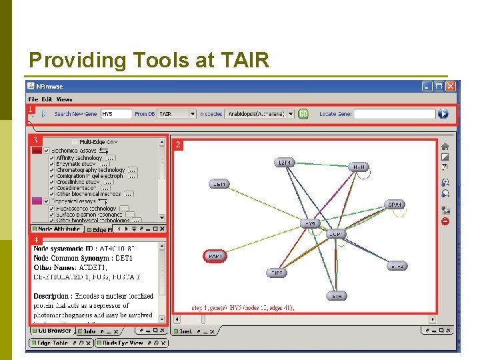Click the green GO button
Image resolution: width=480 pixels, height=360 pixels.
pos(303,114)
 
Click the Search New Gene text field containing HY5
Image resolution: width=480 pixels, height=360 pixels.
pos(116,114)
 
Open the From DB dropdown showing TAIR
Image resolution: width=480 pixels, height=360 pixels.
pos(177,114)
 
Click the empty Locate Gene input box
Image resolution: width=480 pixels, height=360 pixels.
pos(395,114)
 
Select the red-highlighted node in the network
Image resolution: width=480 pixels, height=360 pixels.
pos(215,255)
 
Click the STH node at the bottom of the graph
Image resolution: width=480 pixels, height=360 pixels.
pos(336,295)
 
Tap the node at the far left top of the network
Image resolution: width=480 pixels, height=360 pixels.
pos(219,183)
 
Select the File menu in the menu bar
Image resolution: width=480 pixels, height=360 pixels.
pos(33,99)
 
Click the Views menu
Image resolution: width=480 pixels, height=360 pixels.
pos(64,99)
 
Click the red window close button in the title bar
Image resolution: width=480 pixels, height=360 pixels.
pos(451,86)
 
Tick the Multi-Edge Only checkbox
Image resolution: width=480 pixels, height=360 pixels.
pos(75,142)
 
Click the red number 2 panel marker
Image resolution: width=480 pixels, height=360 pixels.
pos(177,144)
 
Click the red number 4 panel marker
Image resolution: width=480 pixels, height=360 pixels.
pos(36,239)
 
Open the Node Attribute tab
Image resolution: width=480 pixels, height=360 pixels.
pos(57,229)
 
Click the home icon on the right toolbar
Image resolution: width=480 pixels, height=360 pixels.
pos(445,146)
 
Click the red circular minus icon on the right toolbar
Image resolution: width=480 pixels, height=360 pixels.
pos(445,221)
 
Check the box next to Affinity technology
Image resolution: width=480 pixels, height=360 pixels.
pos(52,158)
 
